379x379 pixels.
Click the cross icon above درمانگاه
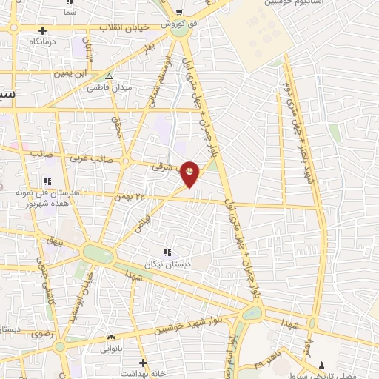pyautogui.click(x=44, y=30)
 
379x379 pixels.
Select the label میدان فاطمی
pyautogui.click(x=109, y=87)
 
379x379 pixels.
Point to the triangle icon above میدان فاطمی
pyautogui.click(x=109, y=76)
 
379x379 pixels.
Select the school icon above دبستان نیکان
pyautogui.click(x=167, y=252)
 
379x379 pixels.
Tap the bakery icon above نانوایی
pyautogui.click(x=111, y=336)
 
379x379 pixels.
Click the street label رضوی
pyautogui.click(x=42, y=334)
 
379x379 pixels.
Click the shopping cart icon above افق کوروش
pyautogui.click(x=178, y=12)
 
